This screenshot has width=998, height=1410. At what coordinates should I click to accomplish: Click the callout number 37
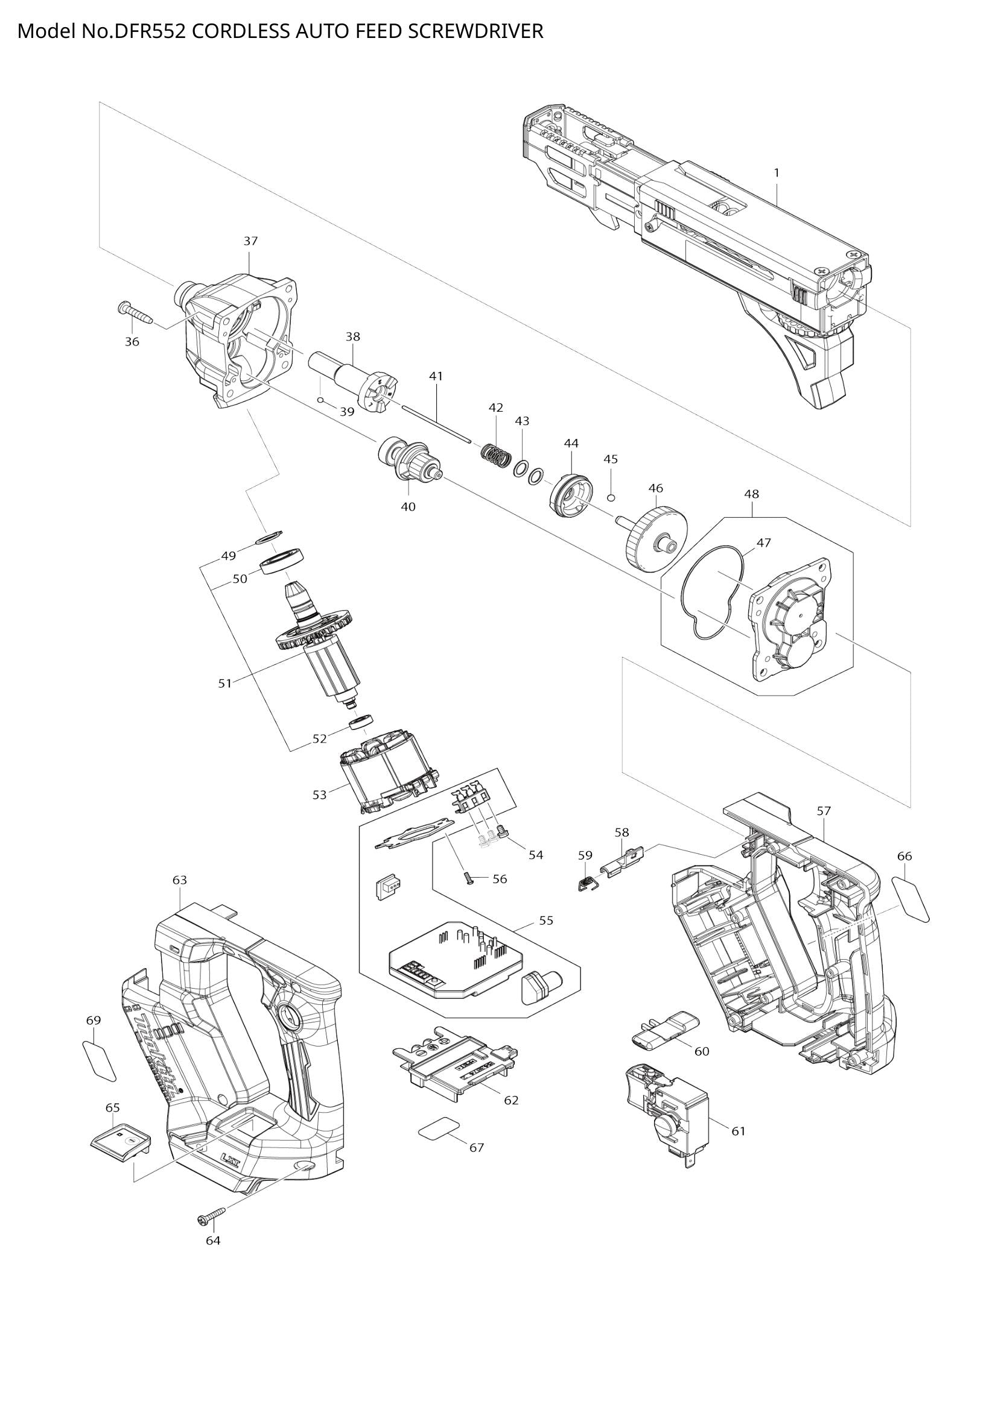(250, 241)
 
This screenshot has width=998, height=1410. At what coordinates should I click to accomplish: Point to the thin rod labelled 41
(435, 423)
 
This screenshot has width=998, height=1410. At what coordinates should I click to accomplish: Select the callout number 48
(751, 494)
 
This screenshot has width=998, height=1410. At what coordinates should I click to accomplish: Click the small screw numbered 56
(469, 880)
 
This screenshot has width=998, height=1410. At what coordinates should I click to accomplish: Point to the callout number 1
(776, 173)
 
